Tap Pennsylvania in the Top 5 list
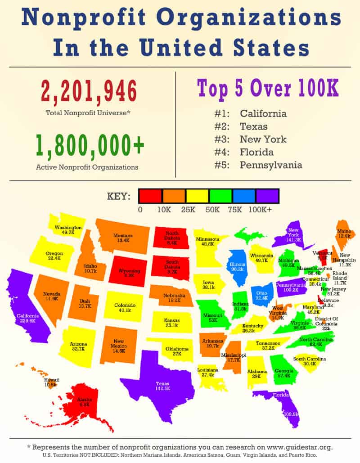coord(271,165)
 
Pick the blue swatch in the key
coord(243,196)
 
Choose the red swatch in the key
coord(150,196)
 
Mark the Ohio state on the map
coord(261,295)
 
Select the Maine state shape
coord(344,233)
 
